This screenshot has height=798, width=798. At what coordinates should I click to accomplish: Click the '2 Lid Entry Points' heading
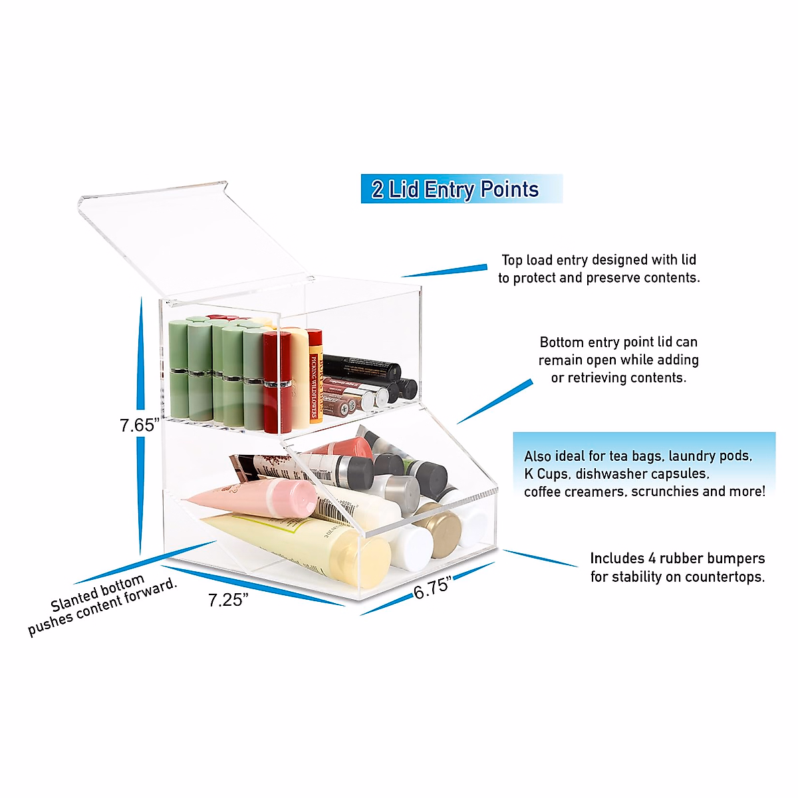click(455, 190)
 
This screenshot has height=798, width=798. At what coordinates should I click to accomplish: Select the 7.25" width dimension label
click(228, 600)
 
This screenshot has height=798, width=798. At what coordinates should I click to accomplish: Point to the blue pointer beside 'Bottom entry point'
click(495, 402)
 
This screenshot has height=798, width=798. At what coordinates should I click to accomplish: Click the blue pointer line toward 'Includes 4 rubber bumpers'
click(540, 558)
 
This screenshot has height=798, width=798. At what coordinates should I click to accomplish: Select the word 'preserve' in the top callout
click(618, 278)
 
